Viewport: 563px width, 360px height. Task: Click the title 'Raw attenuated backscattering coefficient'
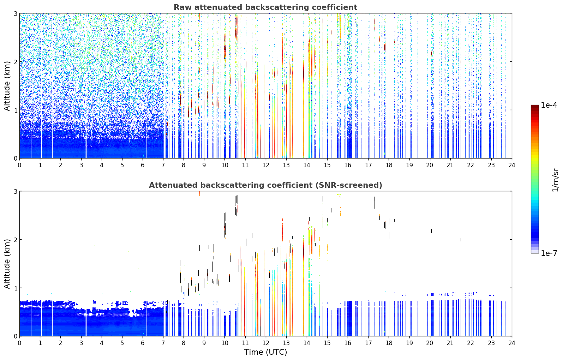(x=265, y=7)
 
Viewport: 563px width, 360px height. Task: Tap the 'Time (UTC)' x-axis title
(x=265, y=352)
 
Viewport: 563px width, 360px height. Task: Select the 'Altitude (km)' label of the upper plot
(x=7, y=86)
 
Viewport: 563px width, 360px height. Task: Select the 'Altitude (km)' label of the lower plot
(x=7, y=264)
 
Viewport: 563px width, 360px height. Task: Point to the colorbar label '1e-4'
(x=549, y=105)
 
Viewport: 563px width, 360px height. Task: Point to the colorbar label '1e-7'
(x=549, y=253)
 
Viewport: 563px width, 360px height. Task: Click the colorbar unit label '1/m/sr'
(x=555, y=180)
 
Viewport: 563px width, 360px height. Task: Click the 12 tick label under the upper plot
(x=266, y=165)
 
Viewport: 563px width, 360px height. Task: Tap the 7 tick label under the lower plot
(x=163, y=343)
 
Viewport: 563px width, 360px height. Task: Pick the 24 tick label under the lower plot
(x=512, y=343)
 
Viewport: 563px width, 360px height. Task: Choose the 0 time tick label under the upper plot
(x=20, y=165)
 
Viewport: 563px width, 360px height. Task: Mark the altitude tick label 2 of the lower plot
(x=15, y=240)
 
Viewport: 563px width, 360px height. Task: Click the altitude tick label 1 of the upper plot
(x=15, y=110)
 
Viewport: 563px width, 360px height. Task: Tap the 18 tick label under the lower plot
(x=389, y=343)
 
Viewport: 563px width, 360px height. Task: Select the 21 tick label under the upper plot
(x=450, y=165)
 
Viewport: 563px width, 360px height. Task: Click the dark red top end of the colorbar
(x=535, y=106)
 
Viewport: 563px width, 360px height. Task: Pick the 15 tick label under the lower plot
(x=327, y=343)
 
